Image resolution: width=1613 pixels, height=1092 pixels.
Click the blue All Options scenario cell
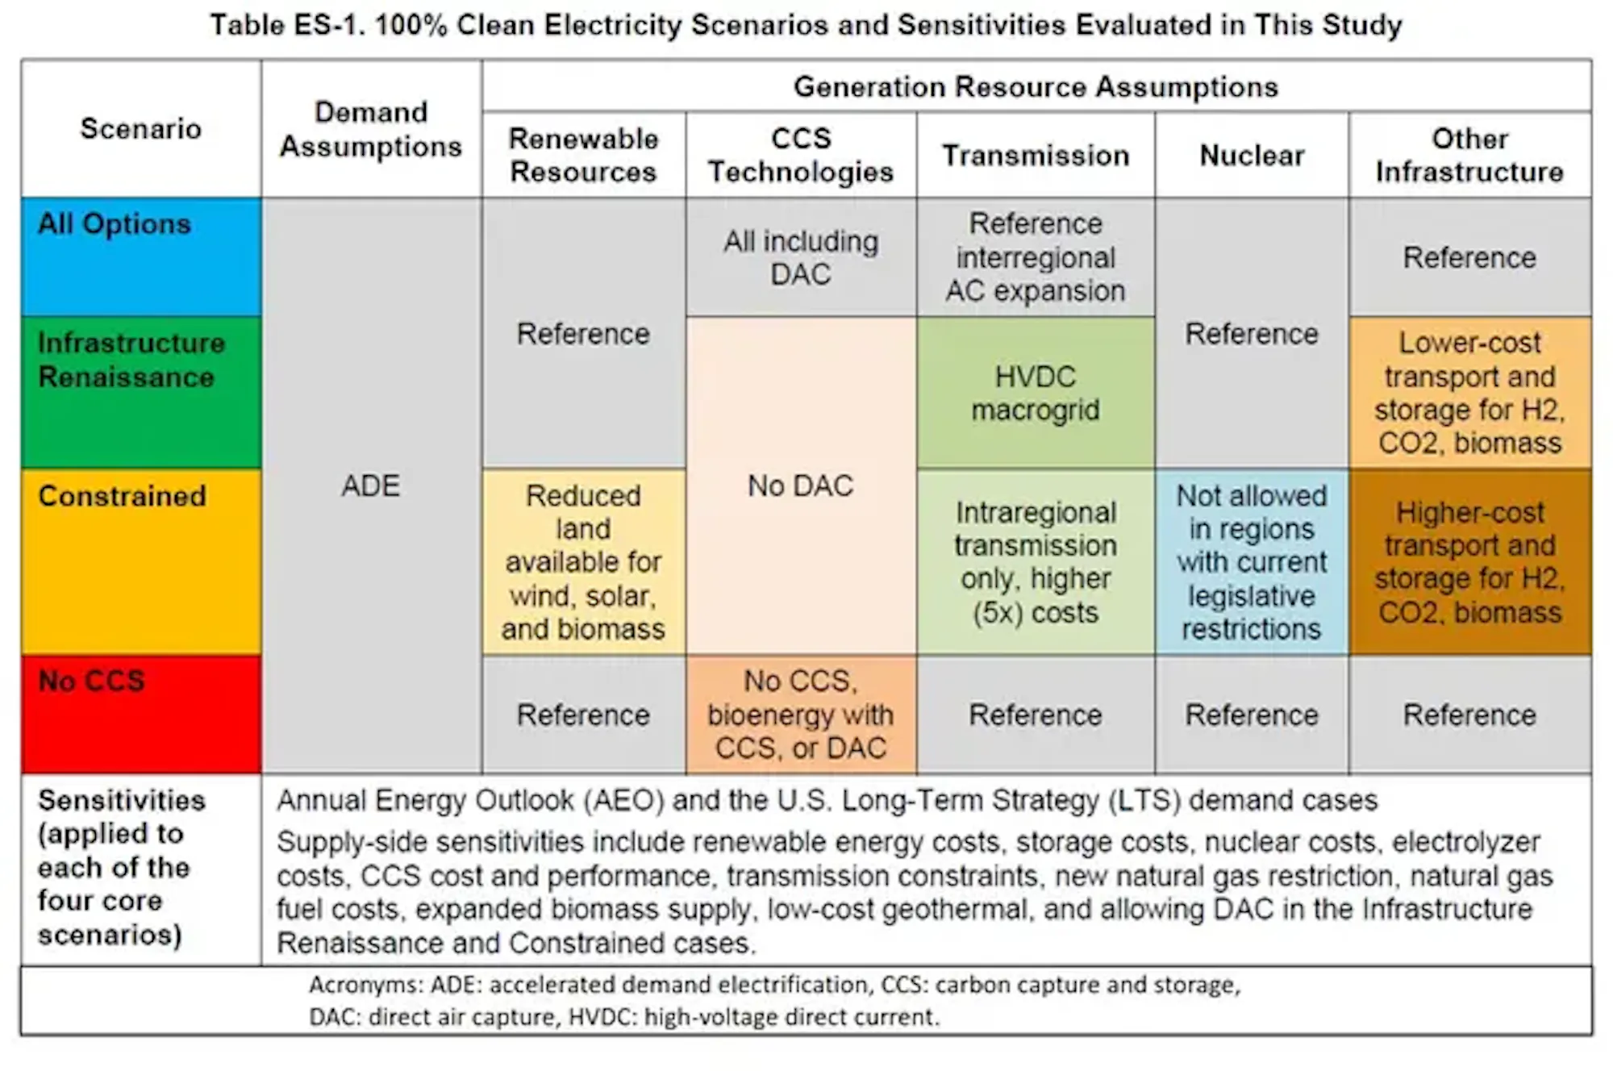tap(141, 256)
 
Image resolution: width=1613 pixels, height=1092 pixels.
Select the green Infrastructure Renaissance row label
tap(141, 392)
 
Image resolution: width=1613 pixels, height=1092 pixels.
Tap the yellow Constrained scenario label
tap(141, 561)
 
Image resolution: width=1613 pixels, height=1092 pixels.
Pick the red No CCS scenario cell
tap(141, 714)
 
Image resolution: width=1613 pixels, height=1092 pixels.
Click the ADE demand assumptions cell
tap(371, 486)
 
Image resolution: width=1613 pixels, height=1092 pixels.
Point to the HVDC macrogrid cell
tap(1036, 393)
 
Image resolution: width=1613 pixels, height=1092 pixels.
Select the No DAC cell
tap(801, 486)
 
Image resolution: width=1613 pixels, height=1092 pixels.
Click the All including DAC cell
tap(801, 257)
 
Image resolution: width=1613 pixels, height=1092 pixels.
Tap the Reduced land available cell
tap(583, 561)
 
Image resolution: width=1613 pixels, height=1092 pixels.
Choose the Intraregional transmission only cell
tap(1036, 561)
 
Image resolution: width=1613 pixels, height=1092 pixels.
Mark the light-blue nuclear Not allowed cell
tap(1252, 561)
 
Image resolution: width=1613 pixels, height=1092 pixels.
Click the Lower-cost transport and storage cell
tap(1469, 393)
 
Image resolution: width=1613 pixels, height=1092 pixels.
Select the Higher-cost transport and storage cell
tap(1469, 561)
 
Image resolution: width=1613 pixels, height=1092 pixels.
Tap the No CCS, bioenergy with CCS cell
tap(801, 715)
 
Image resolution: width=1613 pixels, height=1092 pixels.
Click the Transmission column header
tap(1036, 155)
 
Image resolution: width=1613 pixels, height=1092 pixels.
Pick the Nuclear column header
tap(1252, 155)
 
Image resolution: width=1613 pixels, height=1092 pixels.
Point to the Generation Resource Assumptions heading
tap(1036, 86)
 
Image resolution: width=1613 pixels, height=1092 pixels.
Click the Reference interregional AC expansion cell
tap(1036, 257)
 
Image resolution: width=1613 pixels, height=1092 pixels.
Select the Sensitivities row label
tap(122, 867)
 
